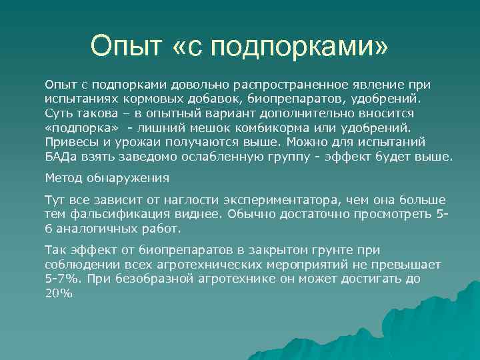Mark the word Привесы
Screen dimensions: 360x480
coord(69,141)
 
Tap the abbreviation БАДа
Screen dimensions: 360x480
coord(61,157)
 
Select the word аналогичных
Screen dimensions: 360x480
coord(90,229)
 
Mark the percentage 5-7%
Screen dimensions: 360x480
coord(60,279)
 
